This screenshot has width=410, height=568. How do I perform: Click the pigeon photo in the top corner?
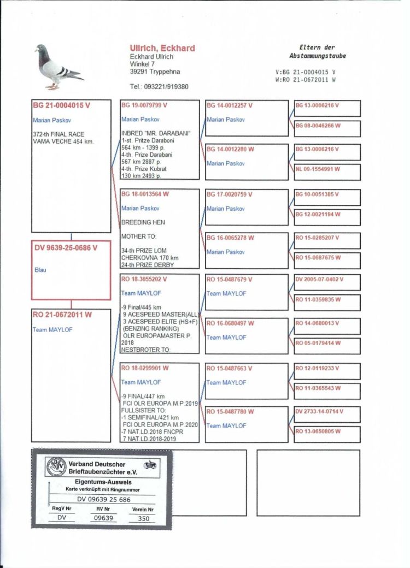pos(58,67)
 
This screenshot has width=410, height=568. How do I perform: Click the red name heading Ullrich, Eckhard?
pos(162,49)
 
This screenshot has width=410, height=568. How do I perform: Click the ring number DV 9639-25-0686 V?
pos(66,248)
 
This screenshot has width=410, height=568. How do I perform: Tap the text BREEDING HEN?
pos(143,222)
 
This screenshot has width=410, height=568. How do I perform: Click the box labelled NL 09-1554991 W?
pos(327,169)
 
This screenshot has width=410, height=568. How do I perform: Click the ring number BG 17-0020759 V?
pos(229,194)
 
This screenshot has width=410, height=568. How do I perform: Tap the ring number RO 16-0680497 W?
pos(230,323)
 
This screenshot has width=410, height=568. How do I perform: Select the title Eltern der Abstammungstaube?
pos(317,52)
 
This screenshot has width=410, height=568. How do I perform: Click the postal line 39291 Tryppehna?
pos(155,72)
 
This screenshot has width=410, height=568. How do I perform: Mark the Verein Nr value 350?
pos(143,519)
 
